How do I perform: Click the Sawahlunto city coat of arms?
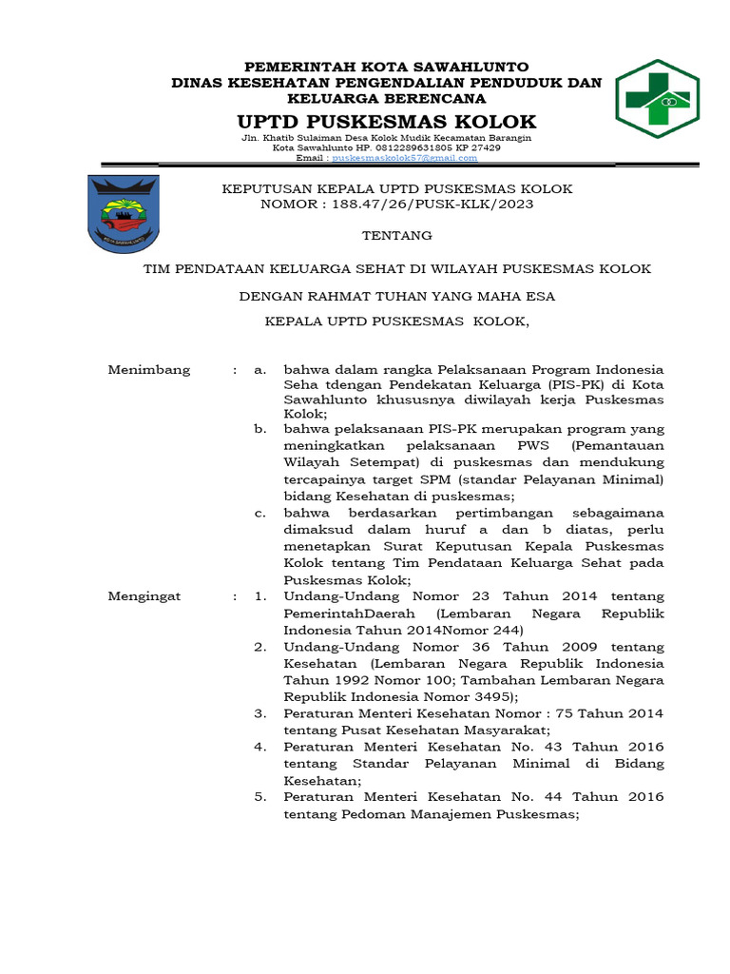coord(125,214)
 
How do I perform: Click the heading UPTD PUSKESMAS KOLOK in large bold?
coord(386,122)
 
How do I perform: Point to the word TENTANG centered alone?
coord(397,235)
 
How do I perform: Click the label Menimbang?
coord(149,369)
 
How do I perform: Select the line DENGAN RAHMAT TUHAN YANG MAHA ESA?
coord(397,296)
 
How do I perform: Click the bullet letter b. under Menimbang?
coord(259,429)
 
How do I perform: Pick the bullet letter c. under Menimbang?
coord(259,513)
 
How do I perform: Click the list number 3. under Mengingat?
coord(259,712)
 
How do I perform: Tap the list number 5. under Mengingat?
coord(259,796)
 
